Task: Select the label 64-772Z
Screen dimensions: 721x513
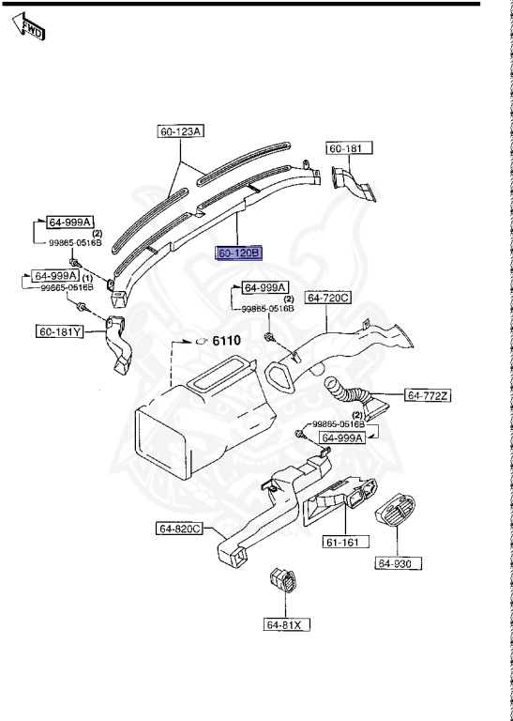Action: pos(428,396)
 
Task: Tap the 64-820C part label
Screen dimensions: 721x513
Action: pos(179,529)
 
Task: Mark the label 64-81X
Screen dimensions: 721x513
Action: pos(287,624)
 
